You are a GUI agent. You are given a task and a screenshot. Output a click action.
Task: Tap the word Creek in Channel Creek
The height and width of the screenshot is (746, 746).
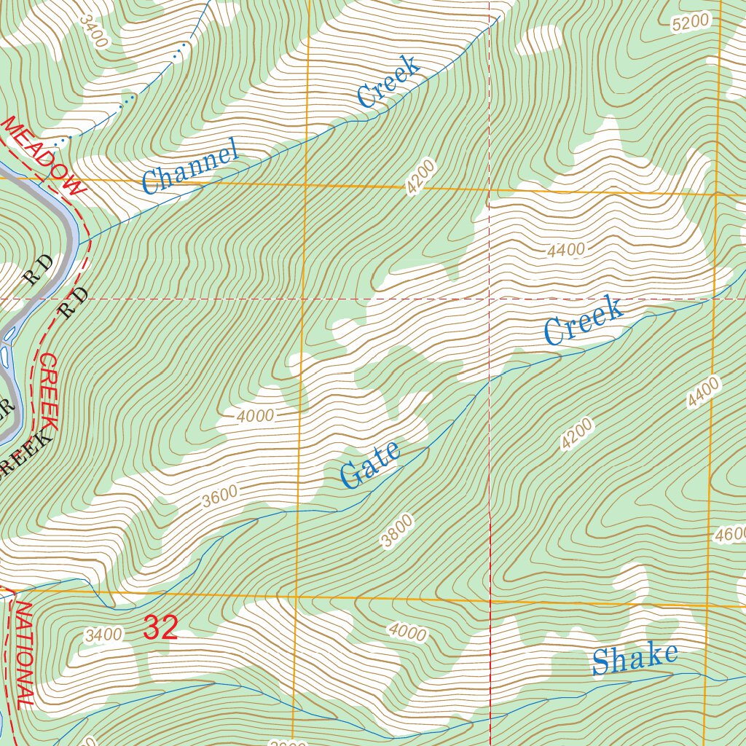pyautogui.click(x=389, y=82)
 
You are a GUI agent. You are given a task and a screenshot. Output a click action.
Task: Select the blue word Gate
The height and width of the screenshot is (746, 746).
pyautogui.click(x=371, y=466)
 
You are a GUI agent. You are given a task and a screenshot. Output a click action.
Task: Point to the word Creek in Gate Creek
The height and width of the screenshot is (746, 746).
pyautogui.click(x=584, y=321)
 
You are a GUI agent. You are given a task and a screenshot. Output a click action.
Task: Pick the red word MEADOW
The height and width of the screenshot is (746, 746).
pyautogui.click(x=44, y=156)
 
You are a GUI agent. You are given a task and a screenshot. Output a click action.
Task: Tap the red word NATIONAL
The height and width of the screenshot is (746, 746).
pyautogui.click(x=24, y=653)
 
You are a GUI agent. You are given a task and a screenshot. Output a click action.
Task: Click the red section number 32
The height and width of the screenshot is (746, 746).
pyautogui.click(x=160, y=628)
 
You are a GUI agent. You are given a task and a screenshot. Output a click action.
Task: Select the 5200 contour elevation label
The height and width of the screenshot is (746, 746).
pyautogui.click(x=690, y=23)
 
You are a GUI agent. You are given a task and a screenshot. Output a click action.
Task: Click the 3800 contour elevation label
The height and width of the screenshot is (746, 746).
pyautogui.click(x=397, y=530)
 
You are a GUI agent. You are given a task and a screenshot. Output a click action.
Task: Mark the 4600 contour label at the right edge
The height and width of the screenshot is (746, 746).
pyautogui.click(x=731, y=535)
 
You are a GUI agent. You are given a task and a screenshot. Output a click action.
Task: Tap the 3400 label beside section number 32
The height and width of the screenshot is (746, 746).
pyautogui.click(x=103, y=635)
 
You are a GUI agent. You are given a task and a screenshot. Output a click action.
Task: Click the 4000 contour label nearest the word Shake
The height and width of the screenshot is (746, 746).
pyautogui.click(x=407, y=632)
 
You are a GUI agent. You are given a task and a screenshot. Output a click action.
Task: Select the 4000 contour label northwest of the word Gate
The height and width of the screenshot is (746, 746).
pyautogui.click(x=255, y=416)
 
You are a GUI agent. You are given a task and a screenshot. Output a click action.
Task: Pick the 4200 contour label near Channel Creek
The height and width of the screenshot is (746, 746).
pyautogui.click(x=421, y=177)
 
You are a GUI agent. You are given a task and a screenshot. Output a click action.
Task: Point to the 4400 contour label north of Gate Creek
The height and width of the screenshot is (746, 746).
pyautogui.click(x=566, y=251)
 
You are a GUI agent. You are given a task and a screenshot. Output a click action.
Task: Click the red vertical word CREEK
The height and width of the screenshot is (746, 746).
pyautogui.click(x=50, y=391)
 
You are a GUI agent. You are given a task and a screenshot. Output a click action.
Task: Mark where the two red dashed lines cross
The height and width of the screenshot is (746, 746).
pyautogui.click(x=489, y=299)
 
